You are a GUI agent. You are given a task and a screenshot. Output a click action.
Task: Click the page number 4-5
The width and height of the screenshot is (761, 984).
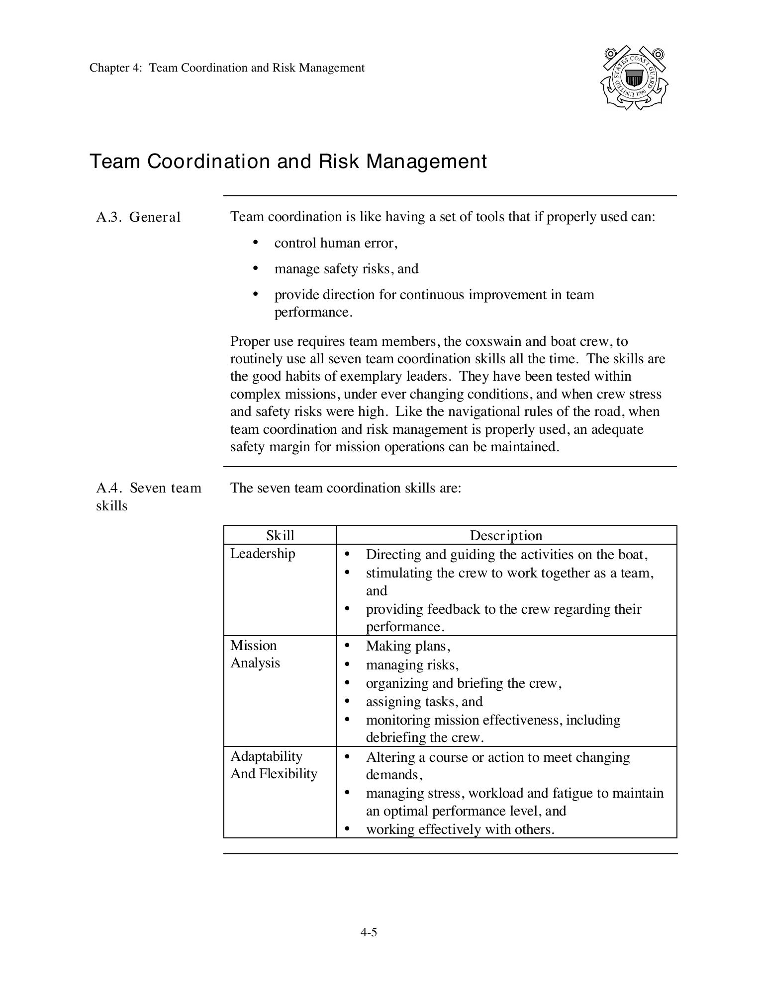[369, 932]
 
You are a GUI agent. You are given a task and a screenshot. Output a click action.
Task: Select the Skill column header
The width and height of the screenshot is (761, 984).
[280, 535]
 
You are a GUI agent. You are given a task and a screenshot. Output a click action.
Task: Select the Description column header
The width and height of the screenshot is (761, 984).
[506, 535]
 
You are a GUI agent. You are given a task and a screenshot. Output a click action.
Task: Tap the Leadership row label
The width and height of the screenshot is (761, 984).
[263, 554]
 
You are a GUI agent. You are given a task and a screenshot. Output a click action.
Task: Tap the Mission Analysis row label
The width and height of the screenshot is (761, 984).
[255, 654]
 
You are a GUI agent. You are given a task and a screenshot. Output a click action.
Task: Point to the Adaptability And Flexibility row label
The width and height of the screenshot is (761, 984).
[273, 765]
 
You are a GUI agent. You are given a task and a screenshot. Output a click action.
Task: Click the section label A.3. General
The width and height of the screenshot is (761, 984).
[138, 217]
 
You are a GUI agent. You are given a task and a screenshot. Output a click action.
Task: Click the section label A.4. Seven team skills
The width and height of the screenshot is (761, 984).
[148, 496]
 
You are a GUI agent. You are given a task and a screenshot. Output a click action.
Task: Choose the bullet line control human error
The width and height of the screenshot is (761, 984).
[336, 243]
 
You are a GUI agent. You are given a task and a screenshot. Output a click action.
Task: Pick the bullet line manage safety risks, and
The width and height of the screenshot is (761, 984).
[346, 269]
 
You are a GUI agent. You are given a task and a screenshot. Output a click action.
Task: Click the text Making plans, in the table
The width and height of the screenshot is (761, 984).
[408, 646]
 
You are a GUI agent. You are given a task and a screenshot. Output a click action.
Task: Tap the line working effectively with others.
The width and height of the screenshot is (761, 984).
[460, 829]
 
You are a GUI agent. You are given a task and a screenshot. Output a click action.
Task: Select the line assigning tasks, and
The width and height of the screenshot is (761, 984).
[424, 701]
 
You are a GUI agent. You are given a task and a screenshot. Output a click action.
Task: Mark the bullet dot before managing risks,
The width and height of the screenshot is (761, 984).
[347, 664]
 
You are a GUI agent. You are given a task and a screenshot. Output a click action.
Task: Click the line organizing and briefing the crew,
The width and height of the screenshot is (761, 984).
[464, 683]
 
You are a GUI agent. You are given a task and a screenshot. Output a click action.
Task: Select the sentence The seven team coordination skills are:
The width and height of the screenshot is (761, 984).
[346, 488]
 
